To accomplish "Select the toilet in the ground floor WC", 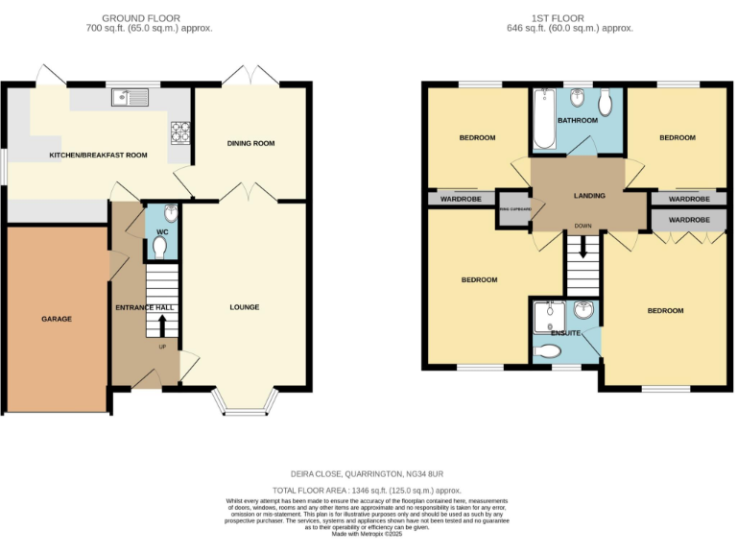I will tap(159, 246).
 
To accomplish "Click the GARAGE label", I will tap(56, 319).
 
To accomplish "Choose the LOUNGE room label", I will tap(244, 307).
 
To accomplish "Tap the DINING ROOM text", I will tap(250, 143).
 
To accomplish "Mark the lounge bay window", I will tap(248, 404).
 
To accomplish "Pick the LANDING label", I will tap(589, 196).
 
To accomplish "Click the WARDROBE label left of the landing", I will tap(460, 200).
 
